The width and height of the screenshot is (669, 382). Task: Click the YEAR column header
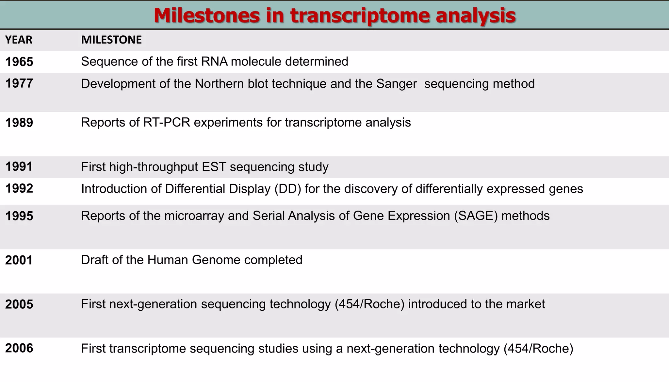click(19, 40)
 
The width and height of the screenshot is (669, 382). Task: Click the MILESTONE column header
click(111, 40)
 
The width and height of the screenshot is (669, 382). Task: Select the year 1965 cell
click(19, 62)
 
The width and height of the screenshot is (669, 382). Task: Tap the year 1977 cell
click(19, 83)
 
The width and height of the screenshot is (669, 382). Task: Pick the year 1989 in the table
click(19, 123)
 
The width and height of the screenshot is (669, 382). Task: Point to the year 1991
click(19, 167)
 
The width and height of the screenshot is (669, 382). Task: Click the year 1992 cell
click(19, 188)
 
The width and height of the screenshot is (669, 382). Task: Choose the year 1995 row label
click(19, 216)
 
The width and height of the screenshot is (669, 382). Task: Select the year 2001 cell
click(19, 260)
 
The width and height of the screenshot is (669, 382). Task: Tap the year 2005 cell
click(19, 304)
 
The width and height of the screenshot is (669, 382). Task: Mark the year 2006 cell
click(19, 348)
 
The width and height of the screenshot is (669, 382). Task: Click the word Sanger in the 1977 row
click(397, 84)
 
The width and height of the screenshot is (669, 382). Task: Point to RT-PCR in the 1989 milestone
click(167, 123)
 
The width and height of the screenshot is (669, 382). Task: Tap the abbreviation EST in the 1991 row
click(214, 167)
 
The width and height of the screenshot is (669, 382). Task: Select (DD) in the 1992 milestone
click(287, 189)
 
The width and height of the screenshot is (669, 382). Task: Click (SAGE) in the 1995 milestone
click(476, 216)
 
